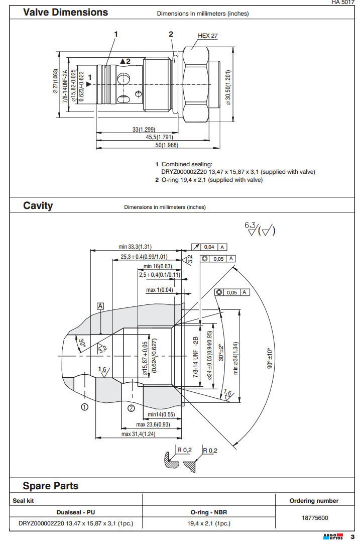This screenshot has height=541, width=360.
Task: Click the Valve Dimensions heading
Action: click(x=65, y=12)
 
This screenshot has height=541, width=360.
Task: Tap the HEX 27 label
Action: click(x=207, y=36)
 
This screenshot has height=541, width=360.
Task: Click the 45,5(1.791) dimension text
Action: click(x=159, y=137)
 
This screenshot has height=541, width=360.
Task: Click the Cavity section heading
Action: click(x=38, y=206)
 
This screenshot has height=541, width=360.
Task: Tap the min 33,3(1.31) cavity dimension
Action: click(x=135, y=247)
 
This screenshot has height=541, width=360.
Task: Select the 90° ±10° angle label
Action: click(x=269, y=358)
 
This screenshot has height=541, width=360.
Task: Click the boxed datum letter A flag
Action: click(x=101, y=306)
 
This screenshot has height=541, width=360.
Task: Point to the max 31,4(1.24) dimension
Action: click(x=139, y=434)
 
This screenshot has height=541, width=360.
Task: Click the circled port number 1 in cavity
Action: click(x=85, y=406)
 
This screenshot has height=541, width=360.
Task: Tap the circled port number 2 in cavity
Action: click(x=131, y=408)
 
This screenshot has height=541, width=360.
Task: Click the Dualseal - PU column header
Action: click(x=75, y=512)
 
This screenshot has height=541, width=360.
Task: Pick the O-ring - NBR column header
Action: click(x=209, y=512)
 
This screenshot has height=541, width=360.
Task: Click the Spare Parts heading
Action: click(x=50, y=486)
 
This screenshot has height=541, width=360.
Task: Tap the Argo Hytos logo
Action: click(x=332, y=535)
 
